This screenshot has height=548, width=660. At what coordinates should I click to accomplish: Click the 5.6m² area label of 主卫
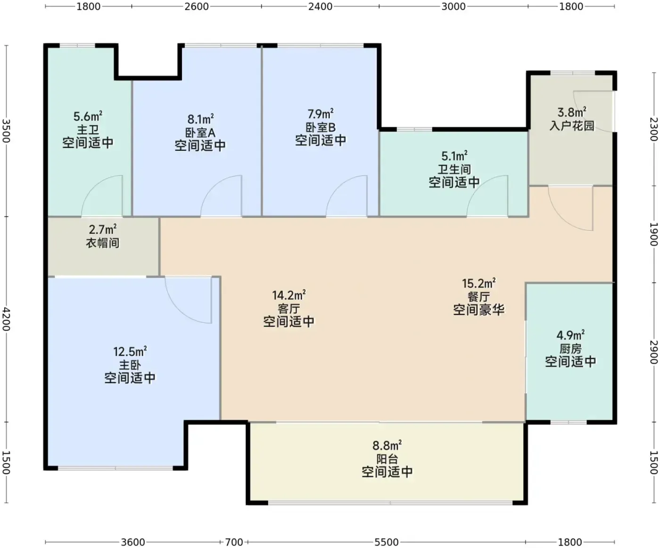[88, 116]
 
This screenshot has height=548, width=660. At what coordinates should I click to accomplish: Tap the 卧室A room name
[200, 132]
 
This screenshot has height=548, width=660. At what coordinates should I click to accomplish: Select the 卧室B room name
[321, 127]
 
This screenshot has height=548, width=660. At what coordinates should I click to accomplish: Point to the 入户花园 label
[572, 125]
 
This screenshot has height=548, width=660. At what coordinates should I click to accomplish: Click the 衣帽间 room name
[103, 243]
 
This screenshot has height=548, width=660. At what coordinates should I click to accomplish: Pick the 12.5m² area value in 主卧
[130, 351]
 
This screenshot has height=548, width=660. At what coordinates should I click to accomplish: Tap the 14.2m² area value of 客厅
[289, 295]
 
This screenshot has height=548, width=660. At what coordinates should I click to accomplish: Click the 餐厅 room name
[478, 296]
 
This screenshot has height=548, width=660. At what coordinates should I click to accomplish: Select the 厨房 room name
[570, 349]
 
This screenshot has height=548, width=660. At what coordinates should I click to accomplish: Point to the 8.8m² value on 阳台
[387, 446]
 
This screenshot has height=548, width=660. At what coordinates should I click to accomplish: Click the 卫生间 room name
[454, 169]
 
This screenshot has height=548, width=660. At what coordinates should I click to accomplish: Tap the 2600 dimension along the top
[197, 6]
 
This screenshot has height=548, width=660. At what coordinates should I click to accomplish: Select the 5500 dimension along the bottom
[386, 542]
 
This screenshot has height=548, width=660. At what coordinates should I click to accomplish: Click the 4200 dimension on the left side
[6, 319]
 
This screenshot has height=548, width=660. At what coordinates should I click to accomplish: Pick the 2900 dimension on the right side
[654, 352]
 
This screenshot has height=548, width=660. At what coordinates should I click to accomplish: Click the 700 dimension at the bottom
[234, 542]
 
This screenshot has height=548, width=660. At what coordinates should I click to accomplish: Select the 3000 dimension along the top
[453, 6]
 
